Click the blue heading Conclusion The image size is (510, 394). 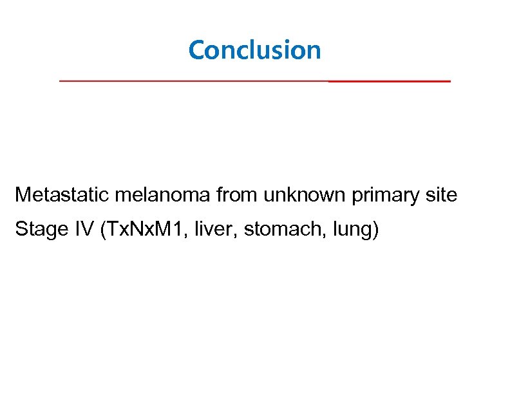tap(254, 50)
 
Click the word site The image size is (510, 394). tap(443, 194)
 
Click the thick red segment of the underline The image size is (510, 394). tap(389, 82)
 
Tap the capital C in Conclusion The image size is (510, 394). tap(196, 50)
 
